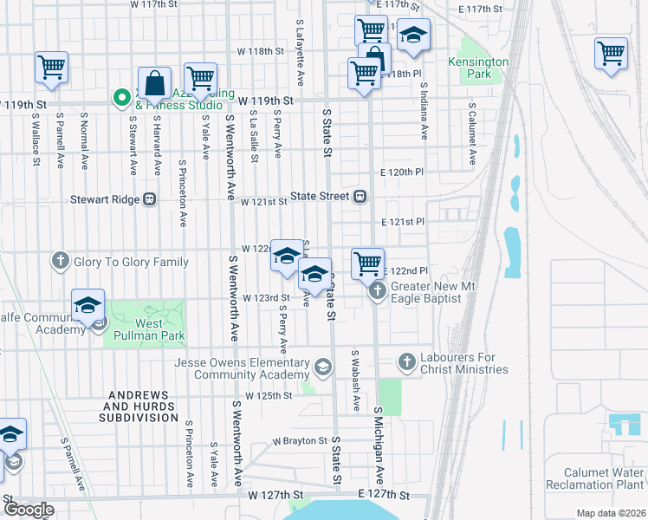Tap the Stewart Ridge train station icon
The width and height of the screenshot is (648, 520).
pyautogui.click(x=150, y=199)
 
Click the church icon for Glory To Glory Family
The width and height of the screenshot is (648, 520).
pyautogui.click(x=60, y=260)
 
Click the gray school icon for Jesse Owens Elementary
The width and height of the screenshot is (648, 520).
pyautogui.click(x=323, y=368)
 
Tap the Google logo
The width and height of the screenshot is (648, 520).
pyautogui.click(x=29, y=510)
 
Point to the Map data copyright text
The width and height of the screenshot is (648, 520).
pyautogui.click(x=611, y=513)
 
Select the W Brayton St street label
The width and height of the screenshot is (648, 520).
pyautogui.click(x=299, y=441)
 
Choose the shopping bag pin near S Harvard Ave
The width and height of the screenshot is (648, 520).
pyautogui.click(x=154, y=83)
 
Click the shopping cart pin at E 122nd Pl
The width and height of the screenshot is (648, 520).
pyautogui.click(x=367, y=263)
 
